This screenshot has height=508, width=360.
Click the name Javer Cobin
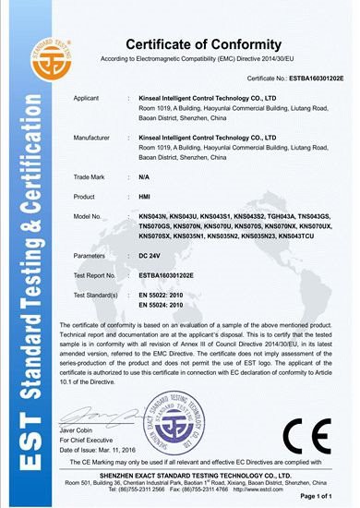[x=78, y=429]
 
